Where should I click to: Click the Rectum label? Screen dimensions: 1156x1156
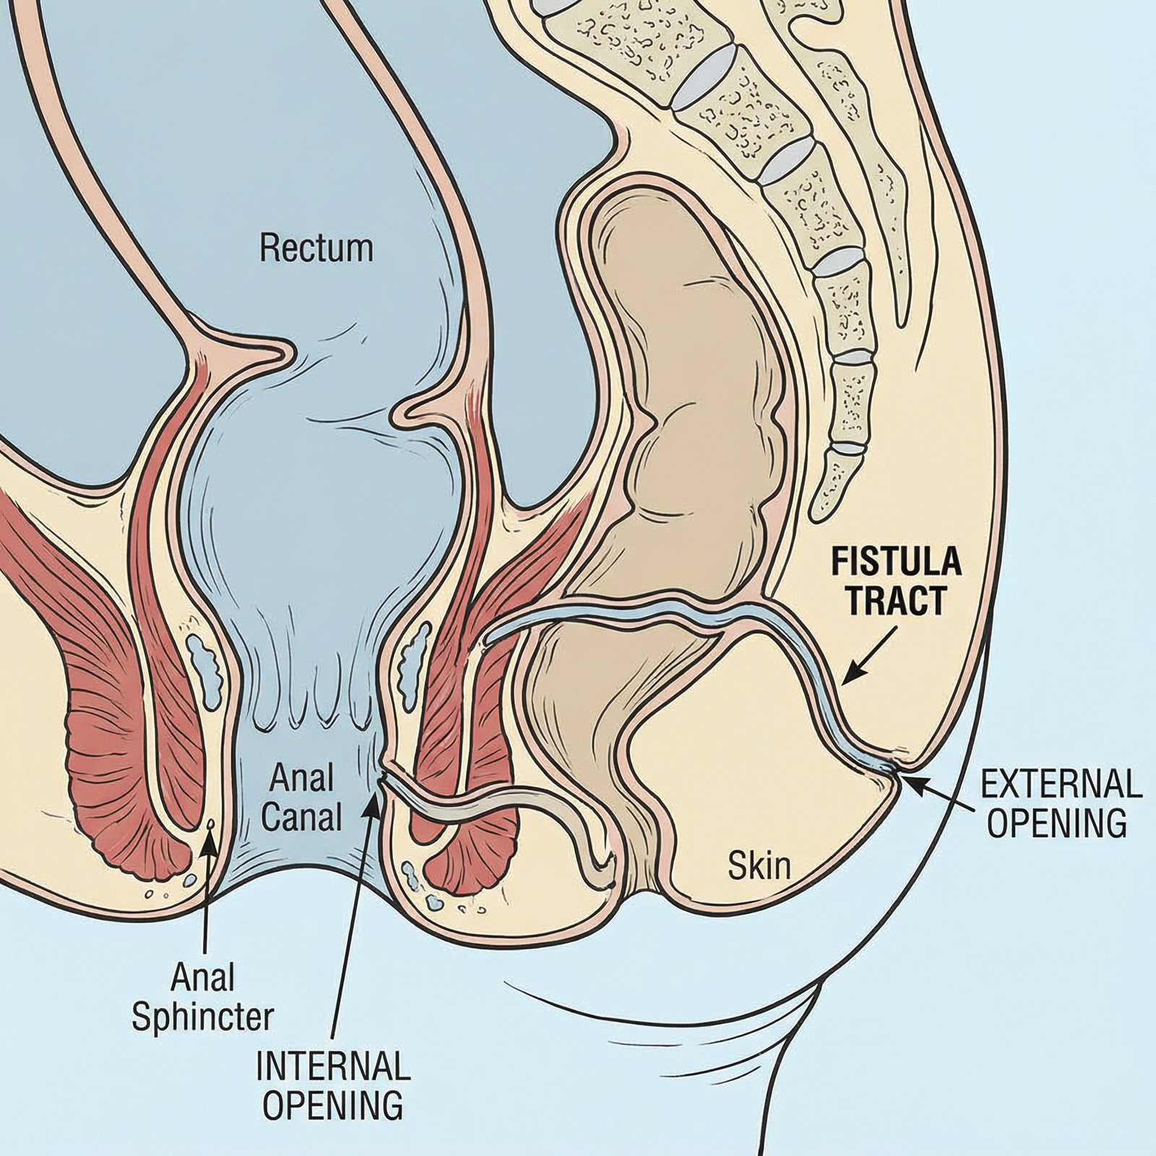[316, 249]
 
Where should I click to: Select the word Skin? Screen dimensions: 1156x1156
[759, 866]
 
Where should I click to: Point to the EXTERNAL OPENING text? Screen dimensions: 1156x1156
[1057, 803]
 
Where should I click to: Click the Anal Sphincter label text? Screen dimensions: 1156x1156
[203, 998]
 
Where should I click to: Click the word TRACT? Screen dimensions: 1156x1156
[896, 600]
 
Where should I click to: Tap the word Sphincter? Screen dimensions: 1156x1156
[203, 1017]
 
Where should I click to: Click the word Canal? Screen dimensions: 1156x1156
[301, 818]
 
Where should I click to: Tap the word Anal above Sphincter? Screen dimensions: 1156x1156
[203, 978]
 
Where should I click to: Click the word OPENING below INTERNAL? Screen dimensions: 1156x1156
[333, 1105]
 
